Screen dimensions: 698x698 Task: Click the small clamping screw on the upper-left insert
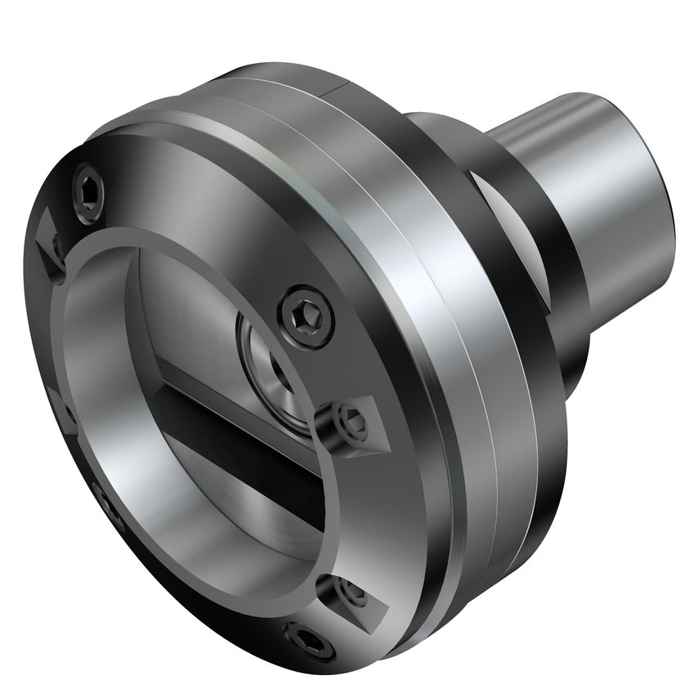point(56,244)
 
